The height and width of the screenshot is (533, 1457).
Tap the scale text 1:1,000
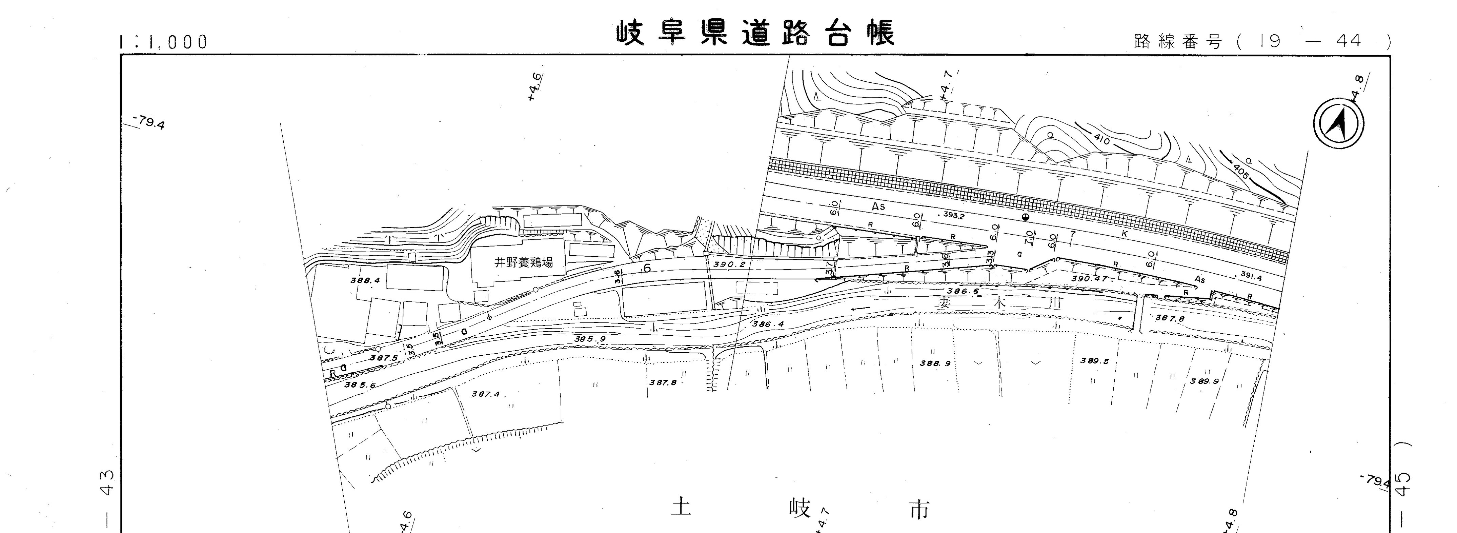coord(164,42)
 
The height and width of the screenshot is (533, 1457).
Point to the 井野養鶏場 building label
coord(523,262)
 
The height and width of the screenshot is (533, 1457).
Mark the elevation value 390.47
coord(1089,279)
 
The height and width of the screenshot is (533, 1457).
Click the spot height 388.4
coord(365,279)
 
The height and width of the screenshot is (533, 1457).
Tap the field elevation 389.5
coord(1094,360)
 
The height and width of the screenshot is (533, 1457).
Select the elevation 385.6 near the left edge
coord(359,384)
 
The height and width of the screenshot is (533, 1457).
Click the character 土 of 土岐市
coord(681,507)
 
